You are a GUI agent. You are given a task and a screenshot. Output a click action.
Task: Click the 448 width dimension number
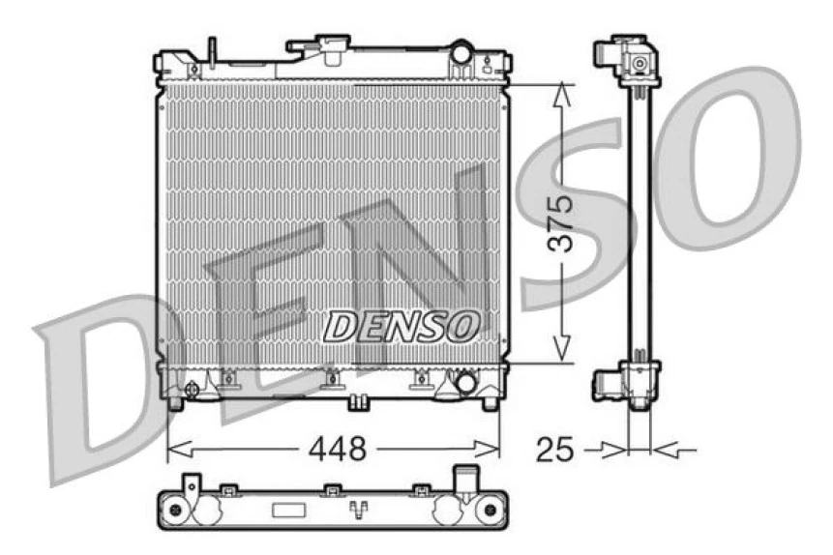point(338,449)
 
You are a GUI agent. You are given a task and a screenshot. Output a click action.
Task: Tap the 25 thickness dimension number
point(556,449)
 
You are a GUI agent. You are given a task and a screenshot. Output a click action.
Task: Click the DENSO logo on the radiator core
point(400,326)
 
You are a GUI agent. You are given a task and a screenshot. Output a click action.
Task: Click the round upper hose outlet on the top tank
point(461,49)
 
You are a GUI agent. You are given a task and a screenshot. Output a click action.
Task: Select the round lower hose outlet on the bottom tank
point(465,382)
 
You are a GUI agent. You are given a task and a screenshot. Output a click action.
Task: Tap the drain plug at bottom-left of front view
point(192,390)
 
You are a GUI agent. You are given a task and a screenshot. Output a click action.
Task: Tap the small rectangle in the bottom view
point(287,510)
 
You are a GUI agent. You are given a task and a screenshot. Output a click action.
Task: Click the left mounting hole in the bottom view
point(174,510)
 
